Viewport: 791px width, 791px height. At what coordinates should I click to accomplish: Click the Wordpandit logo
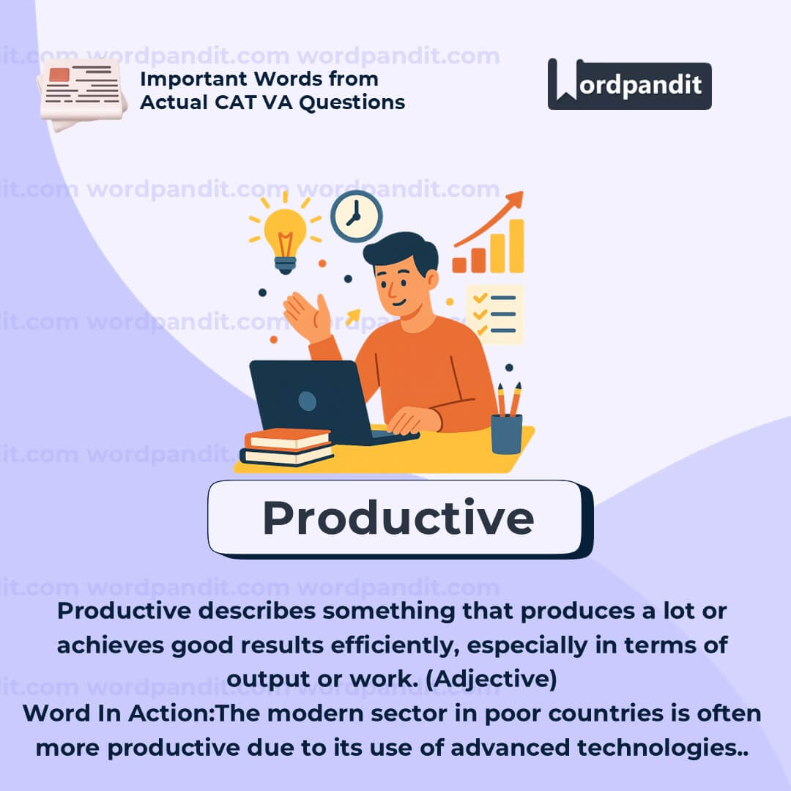pyautogui.click(x=629, y=84)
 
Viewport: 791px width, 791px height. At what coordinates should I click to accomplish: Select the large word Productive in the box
pyautogui.click(x=398, y=518)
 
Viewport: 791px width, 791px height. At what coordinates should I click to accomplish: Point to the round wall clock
pyautogui.click(x=356, y=216)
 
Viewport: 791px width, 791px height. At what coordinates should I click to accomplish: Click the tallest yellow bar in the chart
pyautogui.click(x=516, y=245)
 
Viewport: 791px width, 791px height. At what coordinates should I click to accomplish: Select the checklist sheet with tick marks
pyautogui.click(x=494, y=314)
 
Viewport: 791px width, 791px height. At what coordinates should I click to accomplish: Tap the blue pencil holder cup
pyautogui.click(x=507, y=434)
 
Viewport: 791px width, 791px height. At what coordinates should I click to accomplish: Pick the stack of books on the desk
pyautogui.click(x=287, y=447)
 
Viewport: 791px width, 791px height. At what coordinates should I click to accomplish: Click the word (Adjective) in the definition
pyautogui.click(x=491, y=679)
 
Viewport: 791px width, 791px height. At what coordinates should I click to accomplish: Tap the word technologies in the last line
pyautogui.click(x=656, y=748)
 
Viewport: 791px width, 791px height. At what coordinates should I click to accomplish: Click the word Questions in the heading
pyautogui.click(x=352, y=103)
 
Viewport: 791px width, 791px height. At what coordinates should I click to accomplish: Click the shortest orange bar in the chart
pyautogui.click(x=459, y=265)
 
